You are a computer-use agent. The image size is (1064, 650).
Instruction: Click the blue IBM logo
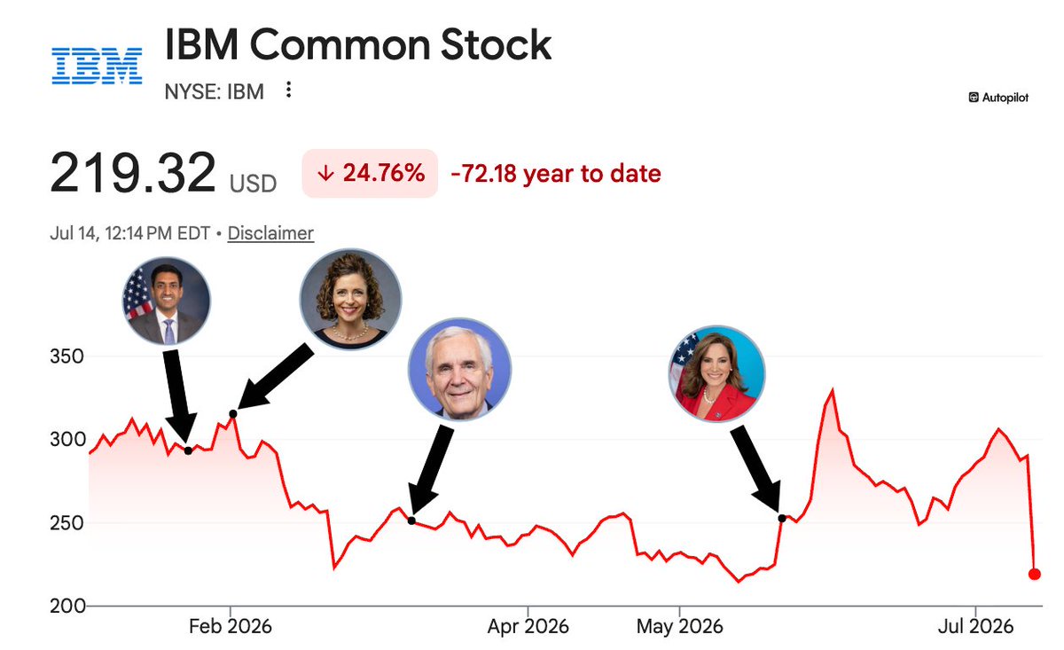pos(97,66)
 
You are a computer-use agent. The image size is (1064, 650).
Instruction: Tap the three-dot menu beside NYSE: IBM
pos(288,90)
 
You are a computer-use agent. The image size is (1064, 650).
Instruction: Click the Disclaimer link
pos(270,233)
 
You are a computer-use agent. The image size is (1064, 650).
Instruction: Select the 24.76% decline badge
pos(370,173)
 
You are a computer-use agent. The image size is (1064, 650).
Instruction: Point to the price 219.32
pos(133,172)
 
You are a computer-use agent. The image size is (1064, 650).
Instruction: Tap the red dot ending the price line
pos(1034,574)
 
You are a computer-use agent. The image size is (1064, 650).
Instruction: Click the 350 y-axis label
pos(67,356)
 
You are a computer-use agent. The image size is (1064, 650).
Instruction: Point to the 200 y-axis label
pos(67,607)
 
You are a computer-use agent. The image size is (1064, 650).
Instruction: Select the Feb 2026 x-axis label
pos(231,626)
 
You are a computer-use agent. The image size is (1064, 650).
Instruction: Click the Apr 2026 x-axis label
pos(528,626)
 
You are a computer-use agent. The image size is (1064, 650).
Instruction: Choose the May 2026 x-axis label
pos(680,626)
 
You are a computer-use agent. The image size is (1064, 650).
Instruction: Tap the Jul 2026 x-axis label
pos(975,626)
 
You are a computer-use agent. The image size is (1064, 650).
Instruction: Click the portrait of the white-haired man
pos(459,369)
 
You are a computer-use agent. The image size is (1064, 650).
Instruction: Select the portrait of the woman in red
pos(716,373)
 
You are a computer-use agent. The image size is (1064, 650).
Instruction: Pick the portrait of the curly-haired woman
pos(350,299)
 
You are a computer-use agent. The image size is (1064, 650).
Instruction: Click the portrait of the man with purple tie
pos(167,301)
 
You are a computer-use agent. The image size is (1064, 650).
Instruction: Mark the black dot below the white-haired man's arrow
pos(411,521)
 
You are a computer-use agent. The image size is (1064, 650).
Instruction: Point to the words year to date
pos(592,174)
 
